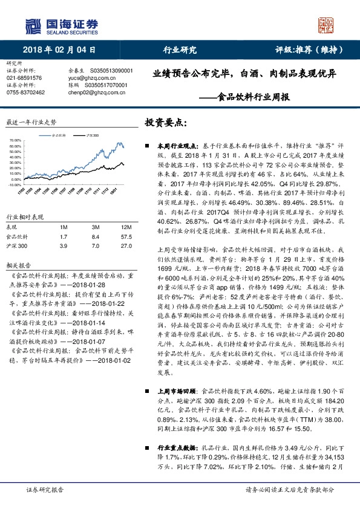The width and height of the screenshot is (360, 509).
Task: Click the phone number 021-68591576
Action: pos(24,78)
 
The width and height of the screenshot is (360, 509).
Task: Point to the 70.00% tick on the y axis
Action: pos(15,140)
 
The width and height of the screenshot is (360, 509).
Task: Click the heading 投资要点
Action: pos(164,122)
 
